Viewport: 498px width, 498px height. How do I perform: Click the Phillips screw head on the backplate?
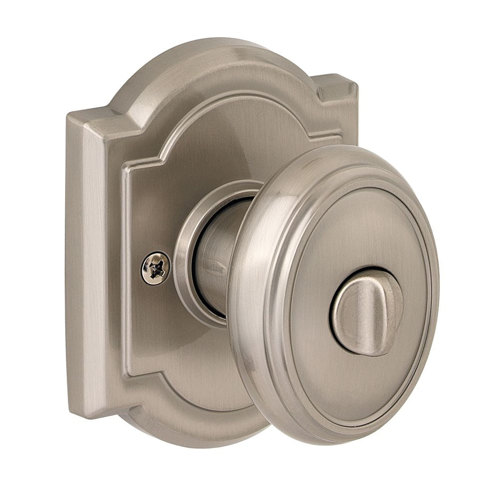point(155,268)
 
